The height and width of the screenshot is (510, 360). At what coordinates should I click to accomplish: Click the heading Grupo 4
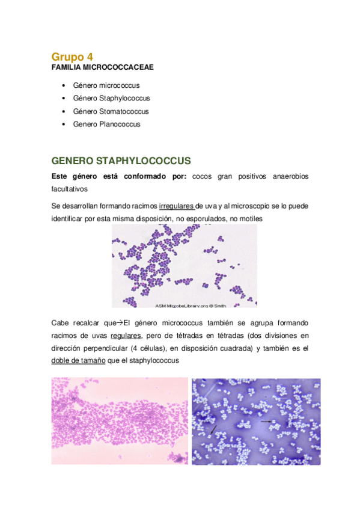(x=73, y=57)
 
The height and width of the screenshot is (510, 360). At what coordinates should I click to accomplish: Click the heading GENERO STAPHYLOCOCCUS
(x=121, y=161)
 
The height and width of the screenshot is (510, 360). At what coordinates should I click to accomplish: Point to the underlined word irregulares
(x=176, y=206)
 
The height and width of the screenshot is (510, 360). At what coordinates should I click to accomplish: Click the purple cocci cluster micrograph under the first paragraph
(x=184, y=265)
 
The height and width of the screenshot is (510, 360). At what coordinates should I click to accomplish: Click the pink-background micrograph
(x=120, y=421)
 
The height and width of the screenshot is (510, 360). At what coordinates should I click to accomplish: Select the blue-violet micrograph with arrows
(x=255, y=421)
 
